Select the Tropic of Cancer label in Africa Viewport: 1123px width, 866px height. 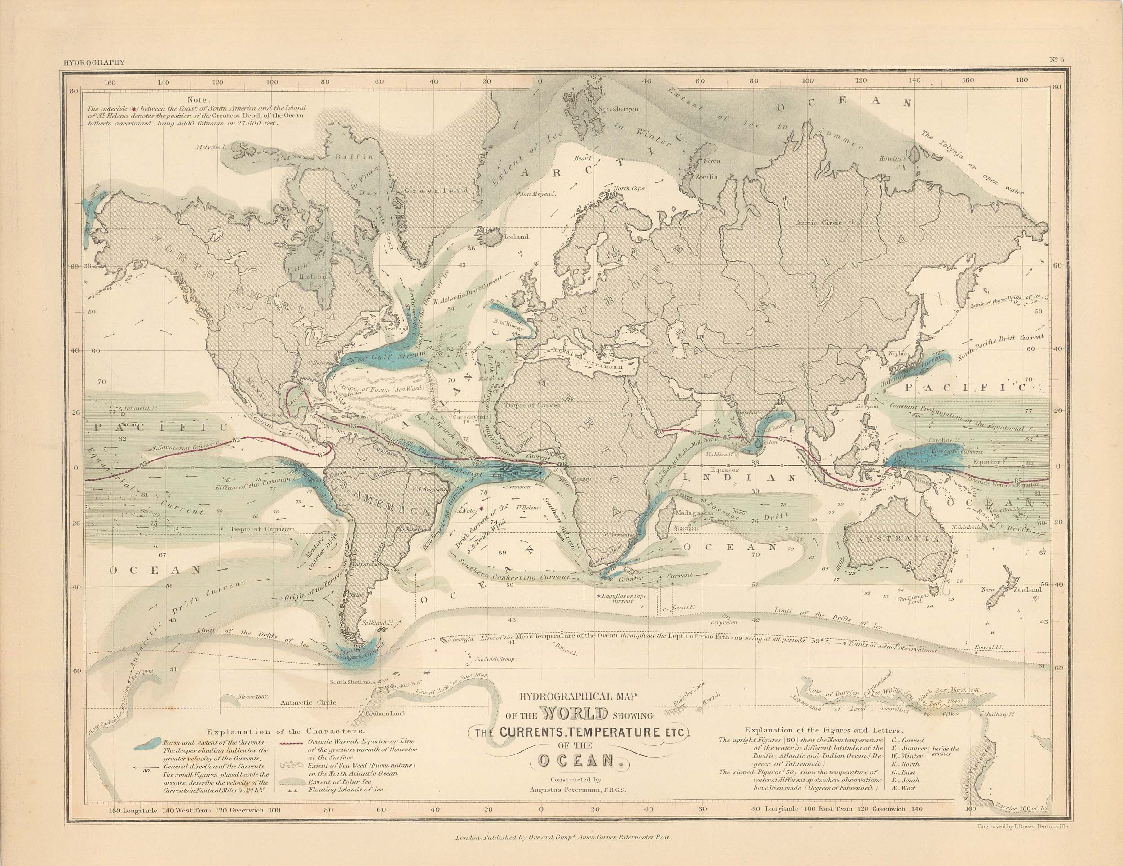(x=530, y=405)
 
